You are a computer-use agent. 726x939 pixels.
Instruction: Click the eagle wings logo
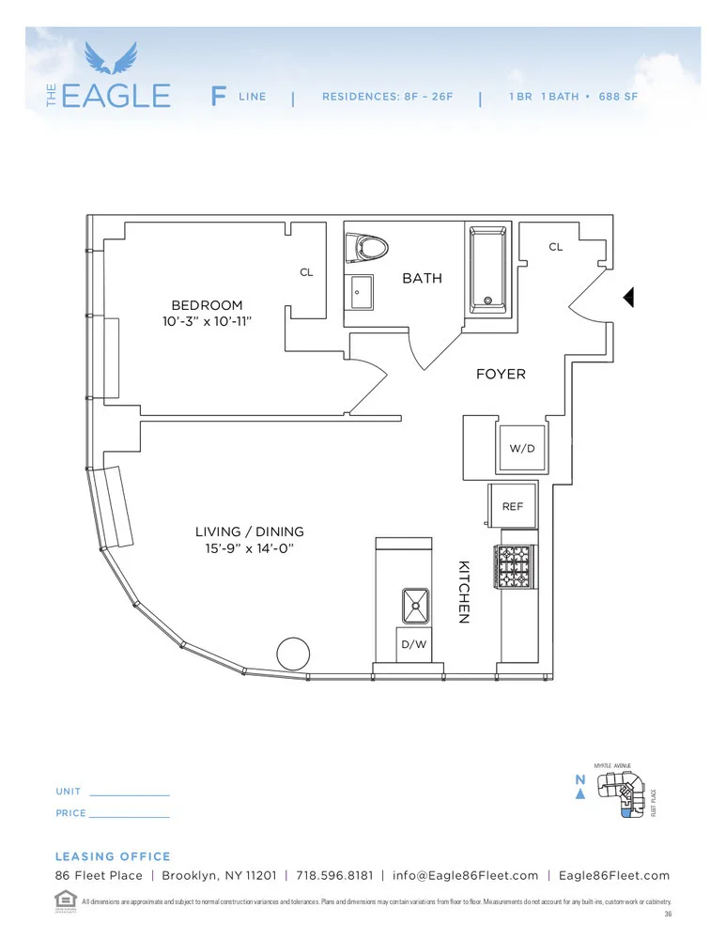coord(111,58)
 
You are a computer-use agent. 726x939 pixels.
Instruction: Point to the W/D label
coord(522,449)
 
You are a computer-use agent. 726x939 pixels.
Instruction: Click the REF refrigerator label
coord(513,506)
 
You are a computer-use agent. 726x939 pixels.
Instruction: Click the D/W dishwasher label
coord(413,645)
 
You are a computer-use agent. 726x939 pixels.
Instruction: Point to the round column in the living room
coord(293,654)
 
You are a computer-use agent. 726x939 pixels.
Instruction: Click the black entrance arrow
coord(629,297)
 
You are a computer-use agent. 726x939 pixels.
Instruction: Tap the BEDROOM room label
coord(207,305)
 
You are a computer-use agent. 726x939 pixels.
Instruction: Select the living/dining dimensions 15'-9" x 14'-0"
coord(250,549)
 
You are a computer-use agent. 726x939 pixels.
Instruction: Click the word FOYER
coord(501,374)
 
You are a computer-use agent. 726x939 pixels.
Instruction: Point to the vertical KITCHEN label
coord(463,593)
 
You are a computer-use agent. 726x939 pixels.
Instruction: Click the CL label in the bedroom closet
coord(306,272)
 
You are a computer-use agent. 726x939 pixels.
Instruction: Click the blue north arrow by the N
coord(580,794)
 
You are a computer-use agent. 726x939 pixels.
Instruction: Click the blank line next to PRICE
coord(129,815)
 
